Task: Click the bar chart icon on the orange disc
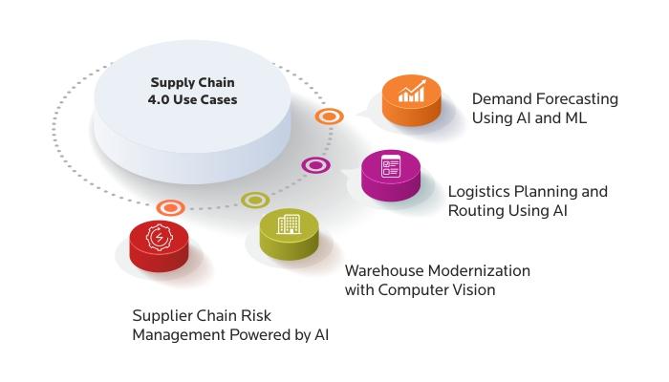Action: point(412,92)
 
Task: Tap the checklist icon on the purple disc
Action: point(391,166)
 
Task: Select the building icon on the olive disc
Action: point(289,224)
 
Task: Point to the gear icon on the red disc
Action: point(160,237)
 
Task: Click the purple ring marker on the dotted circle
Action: point(315,165)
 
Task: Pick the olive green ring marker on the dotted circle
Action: point(255,200)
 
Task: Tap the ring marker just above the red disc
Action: point(171,207)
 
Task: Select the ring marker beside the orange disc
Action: point(330,117)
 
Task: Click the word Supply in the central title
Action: point(169,83)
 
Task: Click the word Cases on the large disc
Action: point(220,99)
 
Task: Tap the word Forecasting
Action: point(576,99)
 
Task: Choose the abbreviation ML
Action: point(576,118)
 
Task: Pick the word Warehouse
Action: point(384,270)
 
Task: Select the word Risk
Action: point(256,316)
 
